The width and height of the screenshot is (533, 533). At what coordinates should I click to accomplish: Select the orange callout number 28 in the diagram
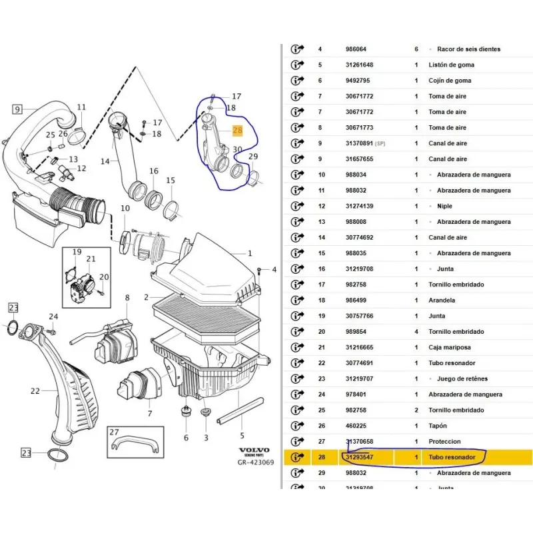tap(238, 132)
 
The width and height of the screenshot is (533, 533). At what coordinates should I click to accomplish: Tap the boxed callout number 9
tap(17, 109)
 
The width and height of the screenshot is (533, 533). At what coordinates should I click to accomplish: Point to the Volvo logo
tap(254, 451)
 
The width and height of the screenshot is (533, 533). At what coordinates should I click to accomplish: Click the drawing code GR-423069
tap(256, 462)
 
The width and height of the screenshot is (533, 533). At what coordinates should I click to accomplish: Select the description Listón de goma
tap(452, 65)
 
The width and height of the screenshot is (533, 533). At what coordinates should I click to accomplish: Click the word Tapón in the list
tap(438, 426)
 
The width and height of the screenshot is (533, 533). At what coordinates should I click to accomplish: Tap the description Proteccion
tap(444, 442)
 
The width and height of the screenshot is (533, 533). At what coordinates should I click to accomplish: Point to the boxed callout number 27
tap(114, 432)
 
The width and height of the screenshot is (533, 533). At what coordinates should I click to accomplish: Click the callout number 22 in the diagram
tap(35, 391)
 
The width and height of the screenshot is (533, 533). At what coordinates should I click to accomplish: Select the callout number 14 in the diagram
tap(105, 161)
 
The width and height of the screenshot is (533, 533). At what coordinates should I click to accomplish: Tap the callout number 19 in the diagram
tap(77, 252)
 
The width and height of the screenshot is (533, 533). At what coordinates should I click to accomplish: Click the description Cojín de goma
tap(450, 81)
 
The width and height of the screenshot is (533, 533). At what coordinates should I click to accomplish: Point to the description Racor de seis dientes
tap(468, 49)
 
